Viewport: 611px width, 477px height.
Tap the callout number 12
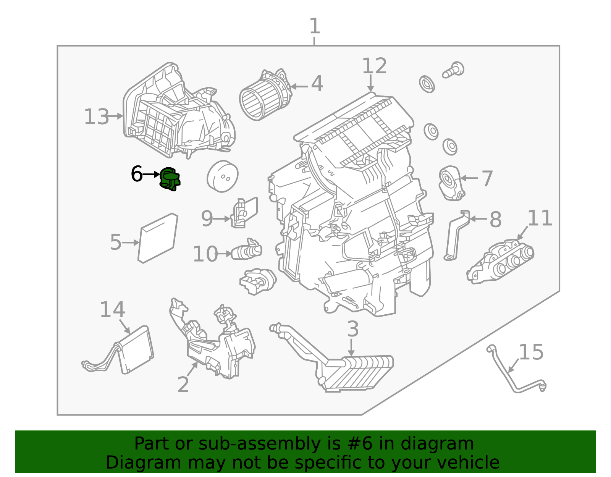click(374, 66)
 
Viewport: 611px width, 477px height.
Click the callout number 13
click(96, 117)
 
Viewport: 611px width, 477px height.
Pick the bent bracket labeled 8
click(456, 235)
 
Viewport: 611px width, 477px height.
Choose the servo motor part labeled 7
click(451, 183)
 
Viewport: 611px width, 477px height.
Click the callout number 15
click(531, 352)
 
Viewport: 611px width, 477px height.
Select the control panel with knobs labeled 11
click(500, 262)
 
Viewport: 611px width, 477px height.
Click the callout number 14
click(112, 310)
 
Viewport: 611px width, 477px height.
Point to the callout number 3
click(352, 329)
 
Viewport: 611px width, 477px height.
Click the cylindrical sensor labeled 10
click(246, 251)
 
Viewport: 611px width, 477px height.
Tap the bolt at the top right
click(453, 71)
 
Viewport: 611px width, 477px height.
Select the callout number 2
click(183, 385)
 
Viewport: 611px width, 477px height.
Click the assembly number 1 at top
click(314, 27)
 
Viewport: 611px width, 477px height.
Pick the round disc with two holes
click(223, 176)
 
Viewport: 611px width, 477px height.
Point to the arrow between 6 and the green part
click(151, 175)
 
